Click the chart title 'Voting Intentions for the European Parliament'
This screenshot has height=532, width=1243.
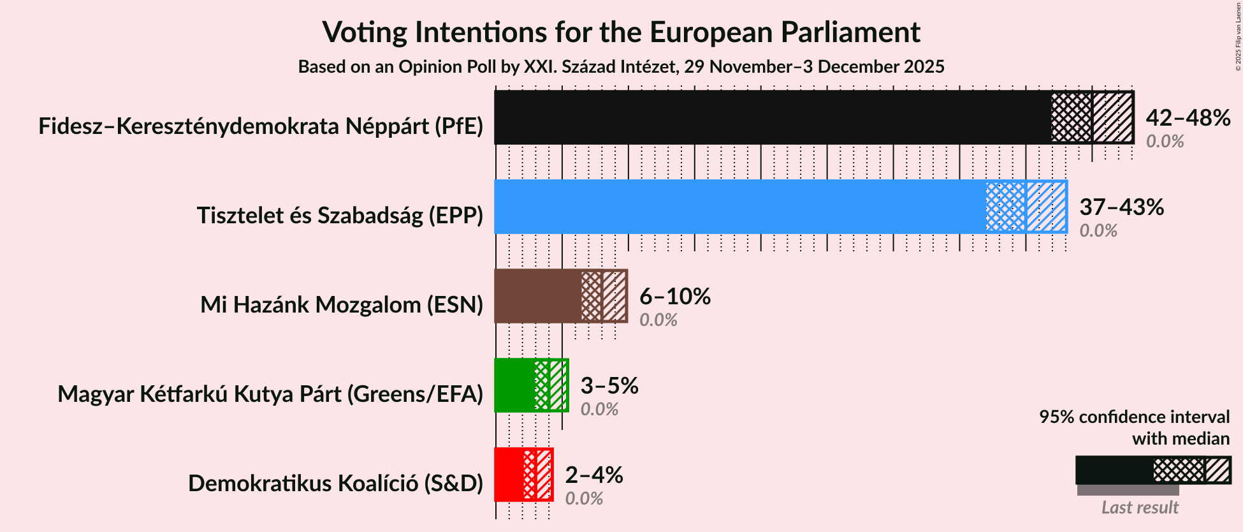(x=621, y=32)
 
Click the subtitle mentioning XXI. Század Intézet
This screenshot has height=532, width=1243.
(x=621, y=67)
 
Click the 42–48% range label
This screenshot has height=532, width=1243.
(x=1188, y=118)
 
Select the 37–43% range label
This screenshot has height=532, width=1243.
(x=1121, y=207)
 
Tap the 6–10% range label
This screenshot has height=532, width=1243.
(x=674, y=297)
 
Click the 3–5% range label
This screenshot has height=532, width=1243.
(x=609, y=386)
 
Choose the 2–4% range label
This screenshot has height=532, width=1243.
(x=593, y=475)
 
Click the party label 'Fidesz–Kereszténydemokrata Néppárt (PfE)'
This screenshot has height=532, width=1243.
(x=261, y=126)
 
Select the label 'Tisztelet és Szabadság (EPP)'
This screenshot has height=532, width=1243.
(x=340, y=216)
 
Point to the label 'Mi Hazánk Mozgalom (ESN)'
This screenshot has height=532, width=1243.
(x=342, y=305)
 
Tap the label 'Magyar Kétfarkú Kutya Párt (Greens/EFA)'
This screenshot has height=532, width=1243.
(x=270, y=394)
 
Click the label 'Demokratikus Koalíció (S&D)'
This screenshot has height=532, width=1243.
(x=335, y=484)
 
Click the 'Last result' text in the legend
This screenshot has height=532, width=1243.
(x=1140, y=508)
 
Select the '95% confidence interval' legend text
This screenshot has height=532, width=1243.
(x=1134, y=417)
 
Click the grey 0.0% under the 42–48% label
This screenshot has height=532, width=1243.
(x=1165, y=142)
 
